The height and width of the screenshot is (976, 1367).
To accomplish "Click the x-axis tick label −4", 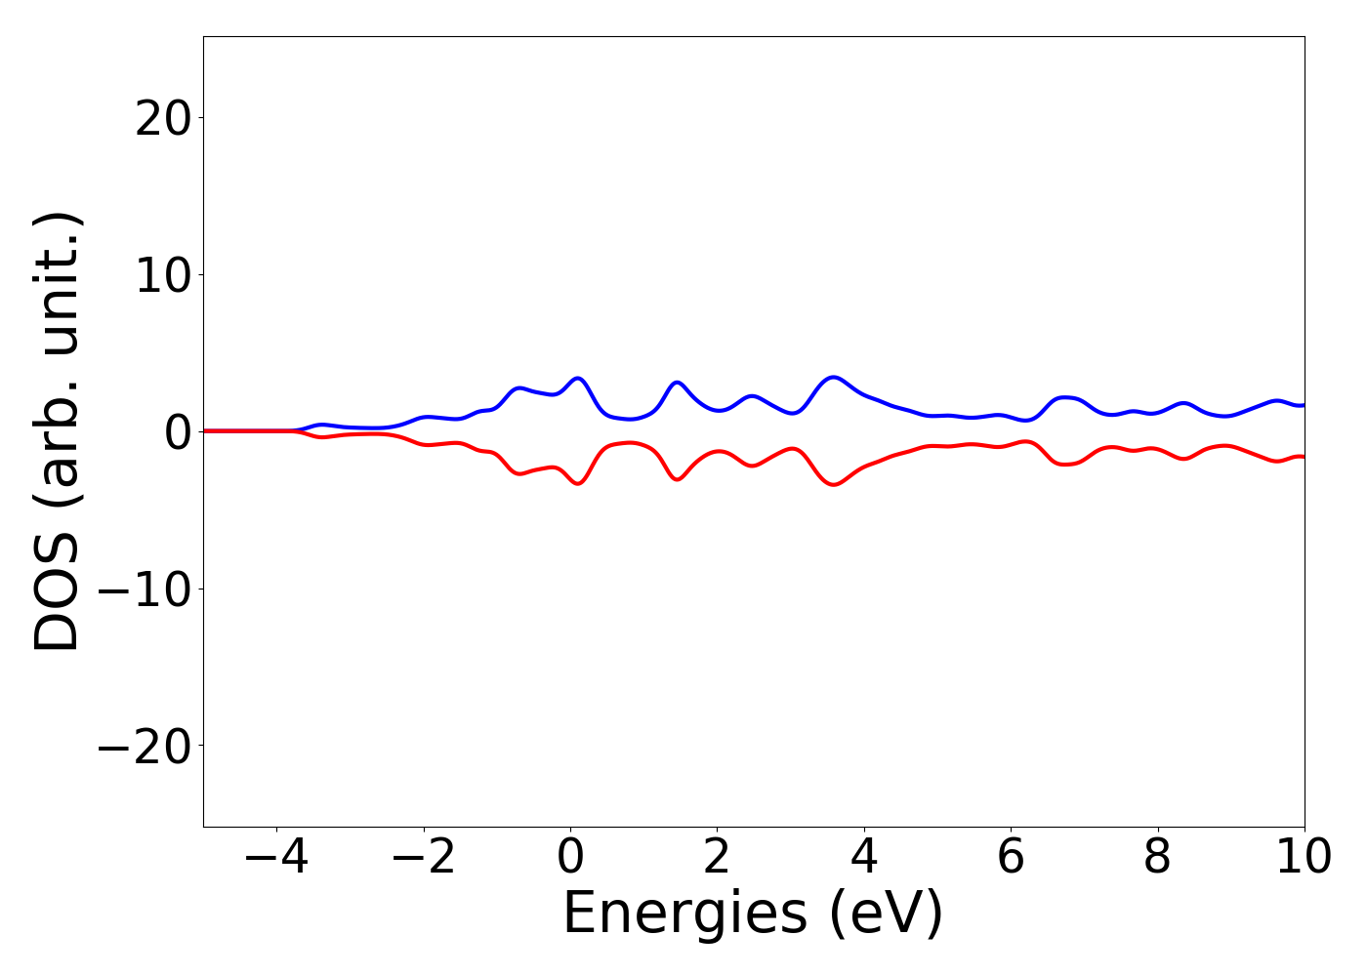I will tap(277, 858).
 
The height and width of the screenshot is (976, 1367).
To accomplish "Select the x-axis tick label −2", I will tap(424, 858).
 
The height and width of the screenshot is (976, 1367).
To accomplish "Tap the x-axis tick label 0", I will tap(570, 858).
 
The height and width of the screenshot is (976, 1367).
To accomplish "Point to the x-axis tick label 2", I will tap(717, 858).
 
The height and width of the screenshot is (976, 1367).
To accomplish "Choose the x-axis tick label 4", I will tap(864, 858).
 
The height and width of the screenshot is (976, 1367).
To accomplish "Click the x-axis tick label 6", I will tap(1011, 858).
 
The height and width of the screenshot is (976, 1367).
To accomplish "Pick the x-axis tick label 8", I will tap(1157, 858).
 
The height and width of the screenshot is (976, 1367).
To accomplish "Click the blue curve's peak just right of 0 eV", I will tap(578, 378).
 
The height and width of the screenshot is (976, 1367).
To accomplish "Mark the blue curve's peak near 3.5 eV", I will tap(833, 377).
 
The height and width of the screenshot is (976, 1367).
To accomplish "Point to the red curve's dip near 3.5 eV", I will tap(833, 484).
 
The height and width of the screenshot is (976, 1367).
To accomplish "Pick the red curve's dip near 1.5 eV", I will tap(678, 479).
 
